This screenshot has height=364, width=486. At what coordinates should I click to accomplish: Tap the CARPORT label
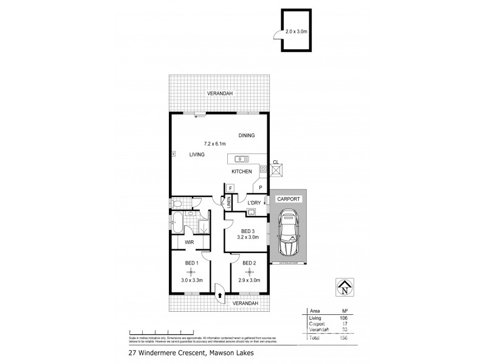tap(289, 199)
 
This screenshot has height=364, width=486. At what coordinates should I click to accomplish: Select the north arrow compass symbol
tap(344, 288)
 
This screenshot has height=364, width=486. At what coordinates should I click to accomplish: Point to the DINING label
tap(246, 135)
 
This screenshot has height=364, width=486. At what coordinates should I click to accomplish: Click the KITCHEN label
tap(241, 172)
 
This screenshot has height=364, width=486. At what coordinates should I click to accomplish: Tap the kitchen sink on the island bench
tap(240, 159)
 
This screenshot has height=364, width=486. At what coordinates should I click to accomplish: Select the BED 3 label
tap(247, 231)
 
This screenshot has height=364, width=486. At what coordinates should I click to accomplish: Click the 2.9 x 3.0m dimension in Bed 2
tap(250, 280)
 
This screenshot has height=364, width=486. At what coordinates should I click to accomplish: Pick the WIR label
tap(189, 242)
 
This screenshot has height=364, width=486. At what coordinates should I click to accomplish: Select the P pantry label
tap(261, 188)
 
